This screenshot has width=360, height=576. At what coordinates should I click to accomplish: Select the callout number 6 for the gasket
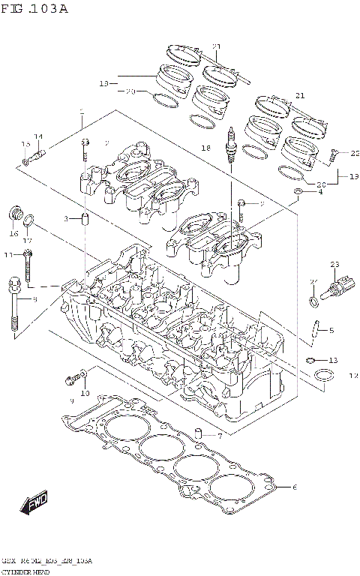[x=295, y=487]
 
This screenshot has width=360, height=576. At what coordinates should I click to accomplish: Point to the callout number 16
[x=13, y=233]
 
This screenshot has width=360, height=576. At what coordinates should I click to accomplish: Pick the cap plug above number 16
[x=13, y=214]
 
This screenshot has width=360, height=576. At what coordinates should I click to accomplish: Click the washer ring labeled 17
[x=29, y=221]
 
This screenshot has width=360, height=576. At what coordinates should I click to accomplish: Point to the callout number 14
[x=38, y=136]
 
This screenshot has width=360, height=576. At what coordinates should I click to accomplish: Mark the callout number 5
[x=331, y=329]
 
